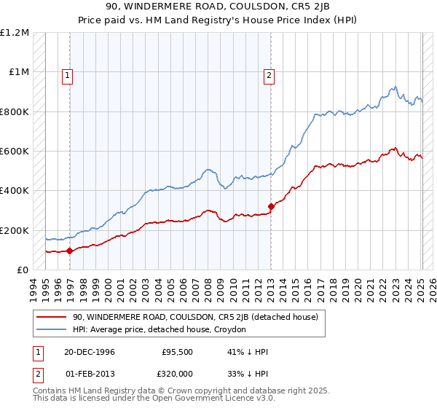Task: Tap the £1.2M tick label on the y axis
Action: pyautogui.click(x=15, y=33)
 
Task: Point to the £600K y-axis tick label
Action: pyautogui.click(x=15, y=152)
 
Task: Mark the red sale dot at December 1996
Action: pyautogui.click(x=70, y=251)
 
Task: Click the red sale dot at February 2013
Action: pyautogui.click(x=271, y=206)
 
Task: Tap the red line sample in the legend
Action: pyautogui.click(x=52, y=318)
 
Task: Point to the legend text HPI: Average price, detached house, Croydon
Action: pyautogui.click(x=160, y=330)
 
